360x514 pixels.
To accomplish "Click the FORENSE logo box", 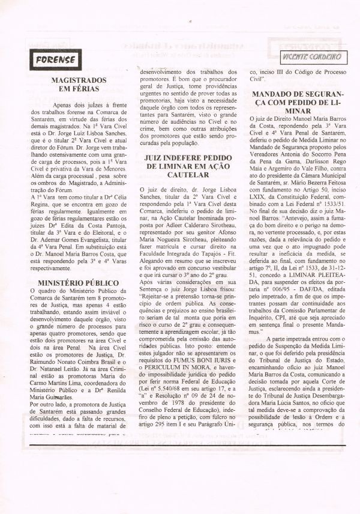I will (x=55, y=59).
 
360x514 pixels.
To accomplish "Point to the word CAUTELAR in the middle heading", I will (x=180, y=175).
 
